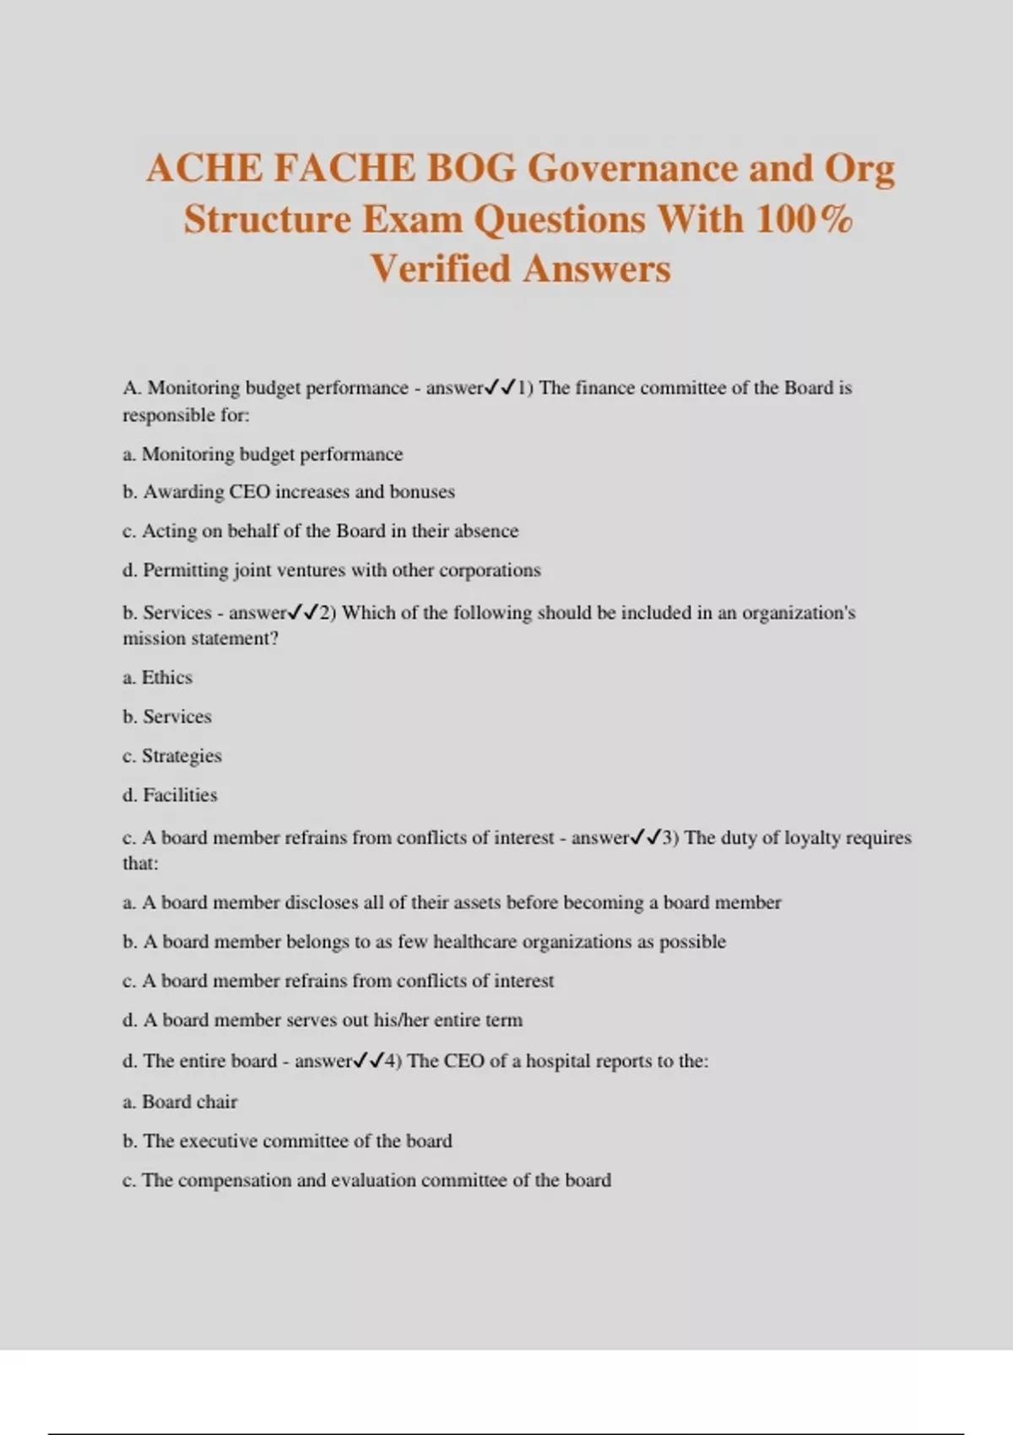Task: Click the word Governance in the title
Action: click(632, 169)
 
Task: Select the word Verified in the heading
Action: click(441, 270)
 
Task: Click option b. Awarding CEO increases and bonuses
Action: click(289, 492)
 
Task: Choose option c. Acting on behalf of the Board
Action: click(321, 531)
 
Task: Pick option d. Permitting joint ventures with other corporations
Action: click(332, 571)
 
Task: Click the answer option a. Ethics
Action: click(158, 678)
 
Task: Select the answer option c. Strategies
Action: click(172, 756)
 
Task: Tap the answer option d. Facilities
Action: click(170, 795)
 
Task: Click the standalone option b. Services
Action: click(167, 717)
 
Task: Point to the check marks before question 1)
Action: click(500, 388)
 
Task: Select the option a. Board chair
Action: click(180, 1102)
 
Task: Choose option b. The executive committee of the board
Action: click(288, 1141)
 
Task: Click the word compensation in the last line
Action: click(234, 1181)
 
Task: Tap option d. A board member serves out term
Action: click(322, 1021)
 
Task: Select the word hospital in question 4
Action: click(557, 1061)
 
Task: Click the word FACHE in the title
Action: click(344, 169)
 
